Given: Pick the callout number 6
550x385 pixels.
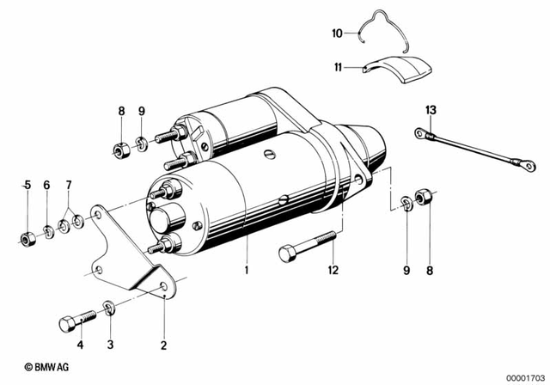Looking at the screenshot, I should [47, 185].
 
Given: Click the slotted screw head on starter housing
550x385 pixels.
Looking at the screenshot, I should [270, 155].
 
